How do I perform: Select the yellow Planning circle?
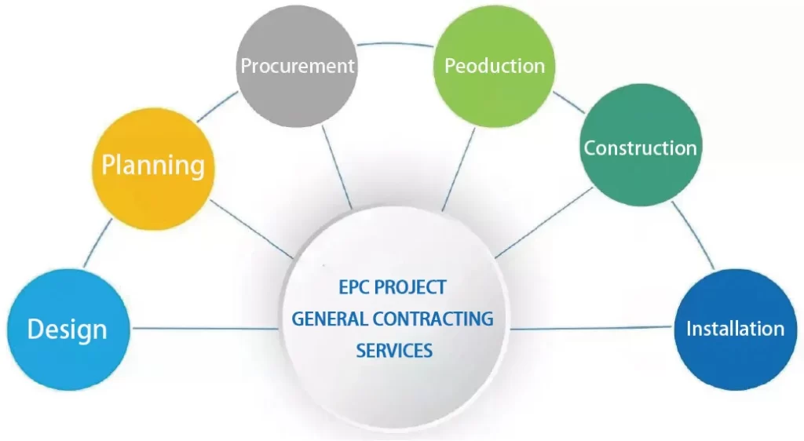152,166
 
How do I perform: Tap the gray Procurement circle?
297,66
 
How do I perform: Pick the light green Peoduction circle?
494,66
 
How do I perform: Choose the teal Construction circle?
640,147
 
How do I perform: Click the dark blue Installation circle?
734,328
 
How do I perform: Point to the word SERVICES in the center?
394,350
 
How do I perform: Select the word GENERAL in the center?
331,319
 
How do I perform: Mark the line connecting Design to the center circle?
204,328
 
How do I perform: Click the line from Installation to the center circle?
589,329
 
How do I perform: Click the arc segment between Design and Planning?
98,243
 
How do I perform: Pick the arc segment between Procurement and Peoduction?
395,45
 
